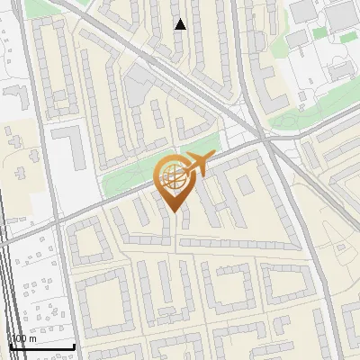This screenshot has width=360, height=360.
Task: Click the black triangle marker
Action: pyautogui.click(x=181, y=24)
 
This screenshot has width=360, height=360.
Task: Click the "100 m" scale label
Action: pyautogui.click(x=23, y=338)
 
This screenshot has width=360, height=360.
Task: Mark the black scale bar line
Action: pyautogui.click(x=42, y=346)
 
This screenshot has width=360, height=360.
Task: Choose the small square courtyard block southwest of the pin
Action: pyautogui.click(x=86, y=240)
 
